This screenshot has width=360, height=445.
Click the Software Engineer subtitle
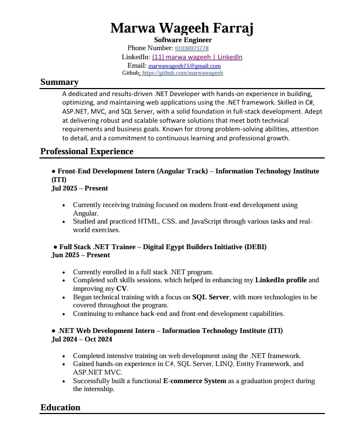183,40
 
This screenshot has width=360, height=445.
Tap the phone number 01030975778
191,49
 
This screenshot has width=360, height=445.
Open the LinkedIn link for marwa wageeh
197,57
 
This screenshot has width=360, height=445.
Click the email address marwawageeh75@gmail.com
184,66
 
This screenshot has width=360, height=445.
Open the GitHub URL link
182,73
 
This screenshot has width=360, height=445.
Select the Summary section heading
60,82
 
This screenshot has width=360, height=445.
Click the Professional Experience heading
87,152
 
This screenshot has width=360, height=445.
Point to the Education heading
60,408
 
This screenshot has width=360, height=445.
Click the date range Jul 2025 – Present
79,188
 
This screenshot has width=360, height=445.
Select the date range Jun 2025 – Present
81,255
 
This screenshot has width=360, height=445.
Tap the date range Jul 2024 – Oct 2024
82,339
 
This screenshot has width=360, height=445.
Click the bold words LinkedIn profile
281,280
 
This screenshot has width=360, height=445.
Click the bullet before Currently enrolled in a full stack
65,272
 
